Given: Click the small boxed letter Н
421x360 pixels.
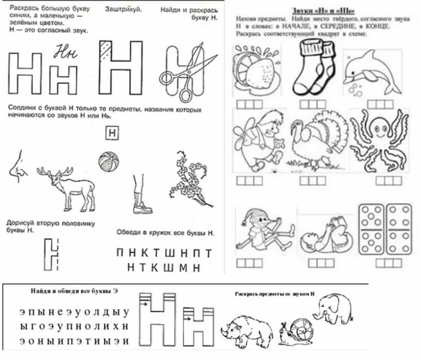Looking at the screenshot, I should [x=112, y=133].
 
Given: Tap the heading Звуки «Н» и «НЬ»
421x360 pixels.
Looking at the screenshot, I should [x=323, y=11].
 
